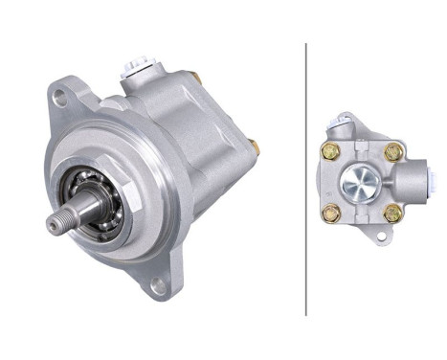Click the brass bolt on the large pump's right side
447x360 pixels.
pos(254,146)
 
